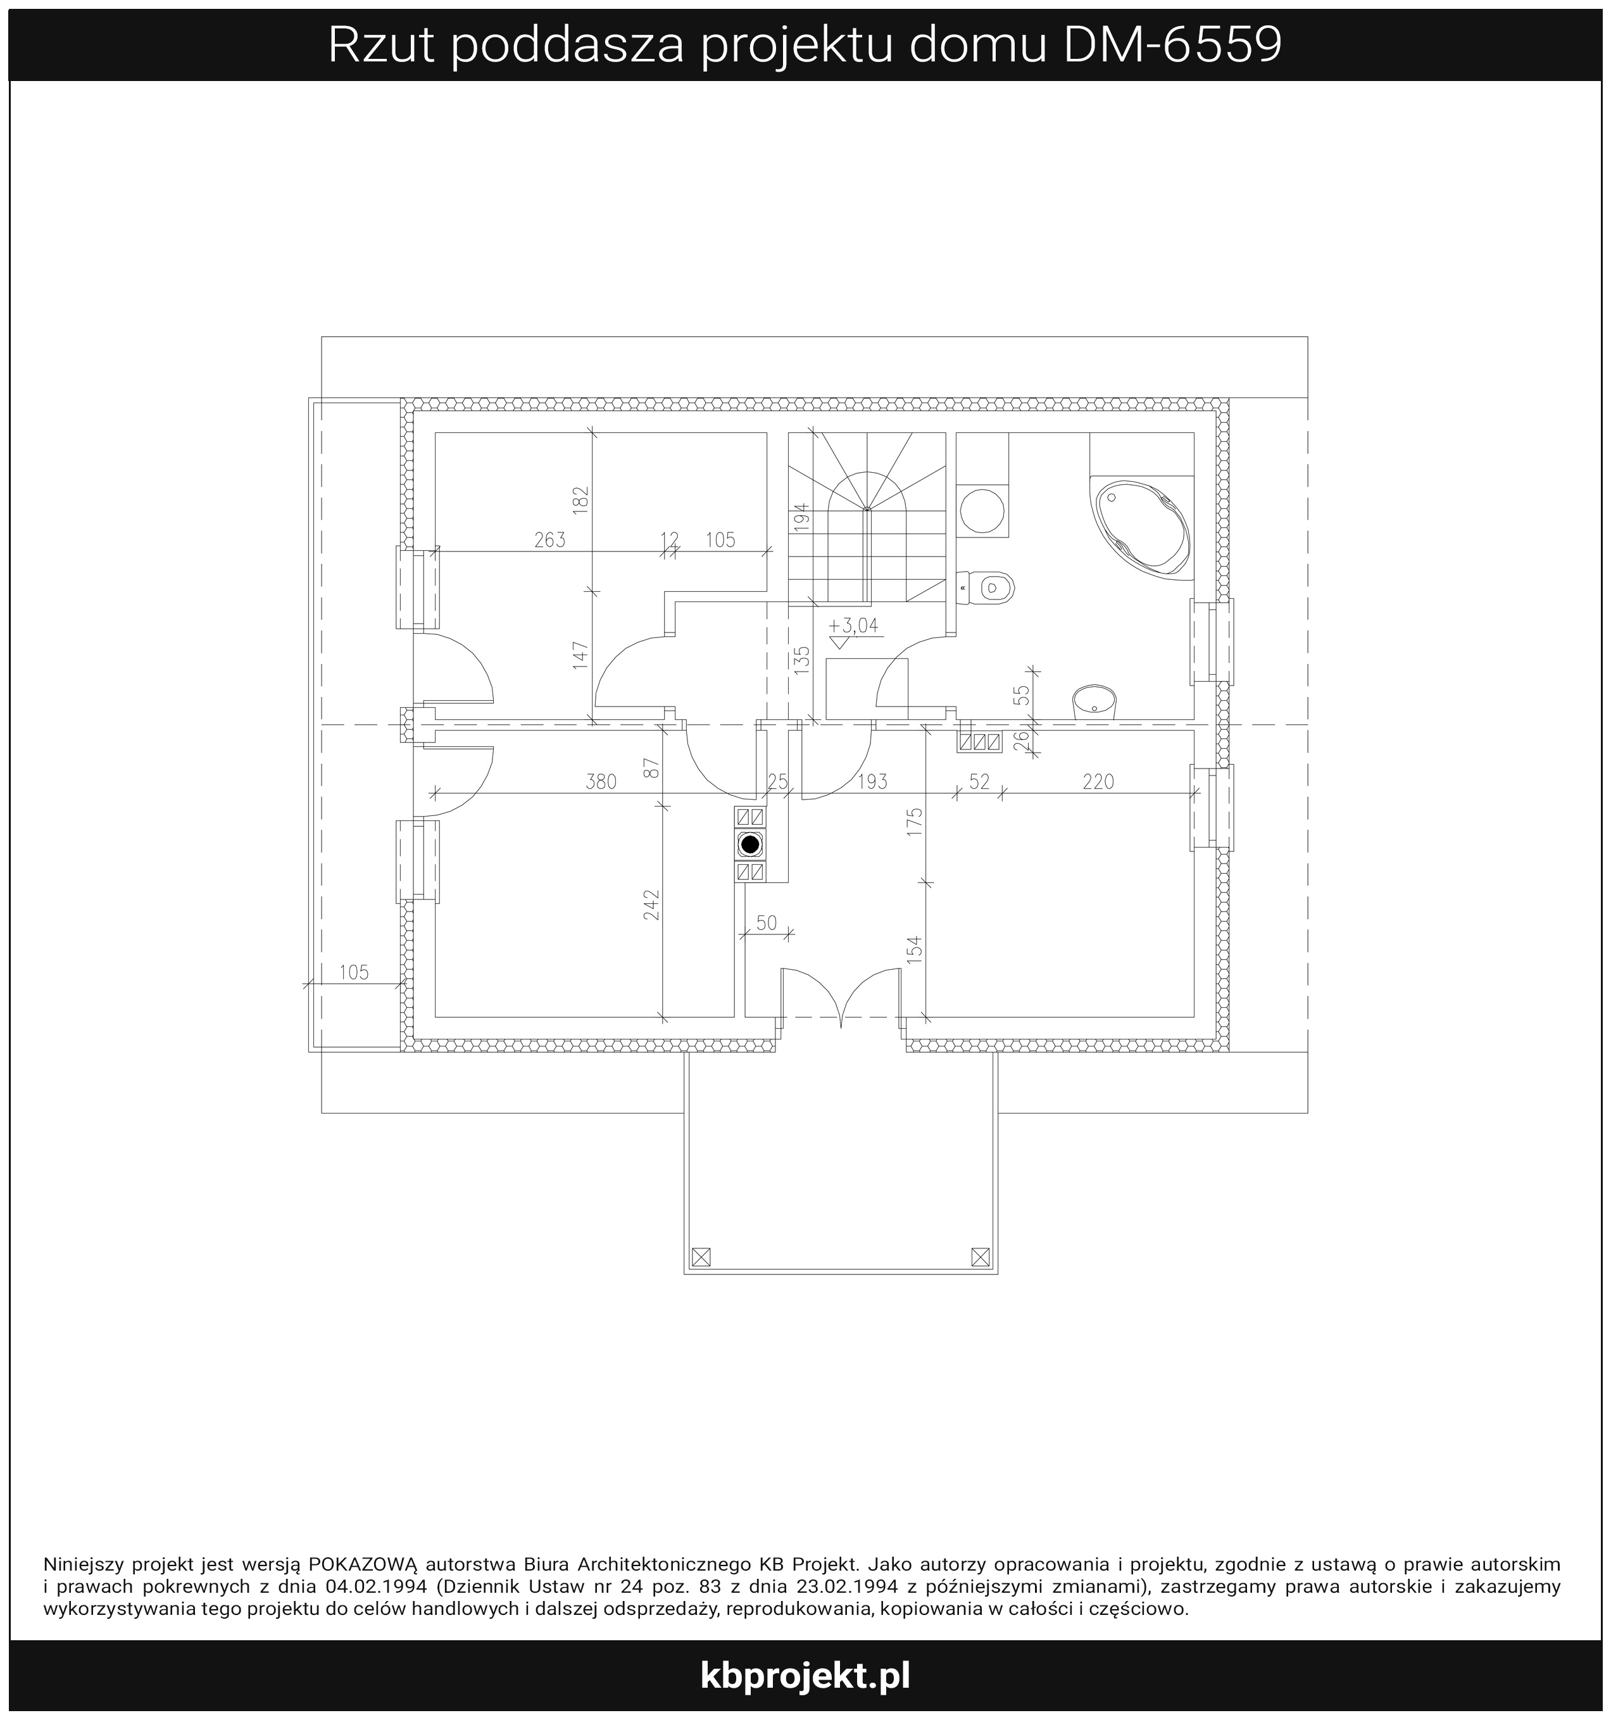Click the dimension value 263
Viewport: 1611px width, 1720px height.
(x=549, y=540)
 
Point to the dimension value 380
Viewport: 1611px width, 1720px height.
(x=601, y=782)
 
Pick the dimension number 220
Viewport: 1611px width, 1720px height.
(x=1098, y=782)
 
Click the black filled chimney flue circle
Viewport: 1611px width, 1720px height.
(x=750, y=844)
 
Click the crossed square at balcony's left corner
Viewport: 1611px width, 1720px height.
(x=701, y=1256)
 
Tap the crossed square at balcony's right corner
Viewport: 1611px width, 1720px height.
(x=981, y=1256)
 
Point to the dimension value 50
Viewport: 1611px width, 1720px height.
(x=767, y=923)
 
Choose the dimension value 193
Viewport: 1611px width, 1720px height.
(x=872, y=782)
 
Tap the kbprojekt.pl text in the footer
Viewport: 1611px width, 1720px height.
(x=805, y=1675)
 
